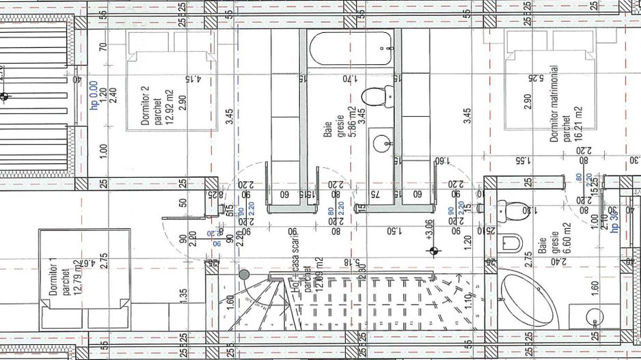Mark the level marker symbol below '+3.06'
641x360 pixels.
pyautogui.click(x=432, y=251)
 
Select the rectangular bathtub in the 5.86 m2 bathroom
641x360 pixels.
pyautogui.click(x=351, y=49)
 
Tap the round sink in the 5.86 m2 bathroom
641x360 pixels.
pyautogui.click(x=381, y=143)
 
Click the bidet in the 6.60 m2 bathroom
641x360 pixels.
pyautogui.click(x=511, y=243)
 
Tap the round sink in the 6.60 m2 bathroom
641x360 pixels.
pyautogui.click(x=595, y=318)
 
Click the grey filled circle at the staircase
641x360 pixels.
pyautogui.click(x=244, y=275)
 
